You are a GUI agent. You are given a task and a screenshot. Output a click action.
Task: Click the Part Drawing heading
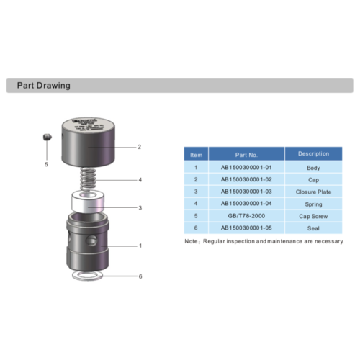pyautogui.click(x=39, y=86)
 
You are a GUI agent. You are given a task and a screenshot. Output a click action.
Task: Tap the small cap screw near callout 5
pyautogui.click(x=45, y=137)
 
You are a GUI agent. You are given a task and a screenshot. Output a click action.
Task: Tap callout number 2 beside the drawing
pyautogui.click(x=139, y=147)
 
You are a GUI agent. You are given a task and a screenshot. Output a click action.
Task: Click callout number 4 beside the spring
pyautogui.click(x=140, y=179)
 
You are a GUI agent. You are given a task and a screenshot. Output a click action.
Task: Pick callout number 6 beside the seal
pyautogui.click(x=140, y=276)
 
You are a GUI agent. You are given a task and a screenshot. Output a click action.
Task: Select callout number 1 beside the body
pyautogui.click(x=140, y=246)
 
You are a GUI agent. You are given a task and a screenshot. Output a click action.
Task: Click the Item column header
pyautogui.click(x=196, y=154)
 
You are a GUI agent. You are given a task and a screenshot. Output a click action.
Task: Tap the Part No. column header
pyautogui.click(x=246, y=154)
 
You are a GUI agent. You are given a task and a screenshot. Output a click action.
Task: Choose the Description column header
pyautogui.click(x=313, y=153)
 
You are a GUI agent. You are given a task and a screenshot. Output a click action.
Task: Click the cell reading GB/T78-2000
pyautogui.click(x=246, y=215)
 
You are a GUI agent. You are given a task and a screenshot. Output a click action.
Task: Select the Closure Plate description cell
pyautogui.click(x=313, y=192)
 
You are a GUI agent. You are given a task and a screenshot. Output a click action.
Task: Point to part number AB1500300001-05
pyautogui.click(x=246, y=228)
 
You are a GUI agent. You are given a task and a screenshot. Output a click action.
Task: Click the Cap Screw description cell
pyautogui.click(x=313, y=215)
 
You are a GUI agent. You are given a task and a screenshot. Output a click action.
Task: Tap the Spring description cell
pyautogui.click(x=313, y=204)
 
